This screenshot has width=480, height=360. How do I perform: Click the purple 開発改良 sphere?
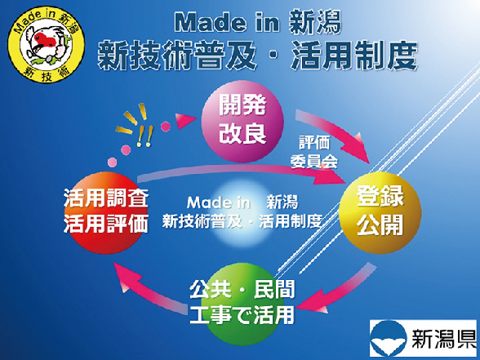(x=242, y=122)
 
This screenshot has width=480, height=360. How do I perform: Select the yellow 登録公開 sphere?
(x=380, y=212)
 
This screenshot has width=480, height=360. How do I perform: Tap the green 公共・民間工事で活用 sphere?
(x=242, y=304)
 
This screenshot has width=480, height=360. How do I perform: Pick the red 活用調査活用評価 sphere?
(x=105, y=213)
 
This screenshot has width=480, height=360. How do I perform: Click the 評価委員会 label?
(x=313, y=153)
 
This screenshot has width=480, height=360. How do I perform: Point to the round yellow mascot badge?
(x=47, y=44)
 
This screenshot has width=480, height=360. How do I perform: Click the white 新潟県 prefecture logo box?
(x=424, y=338)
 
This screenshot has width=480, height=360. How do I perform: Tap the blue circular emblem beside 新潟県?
(x=389, y=338)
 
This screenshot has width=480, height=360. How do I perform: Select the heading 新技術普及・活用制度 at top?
(x=257, y=56)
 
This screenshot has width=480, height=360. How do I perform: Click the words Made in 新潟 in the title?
(x=258, y=23)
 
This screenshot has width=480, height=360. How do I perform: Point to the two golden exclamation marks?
(x=144, y=136)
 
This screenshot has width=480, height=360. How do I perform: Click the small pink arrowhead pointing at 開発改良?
(x=185, y=120)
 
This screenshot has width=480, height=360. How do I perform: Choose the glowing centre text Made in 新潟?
(x=242, y=202)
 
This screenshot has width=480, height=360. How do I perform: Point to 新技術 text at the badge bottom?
(x=47, y=74)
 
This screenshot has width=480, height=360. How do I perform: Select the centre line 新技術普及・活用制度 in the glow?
(x=242, y=221)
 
